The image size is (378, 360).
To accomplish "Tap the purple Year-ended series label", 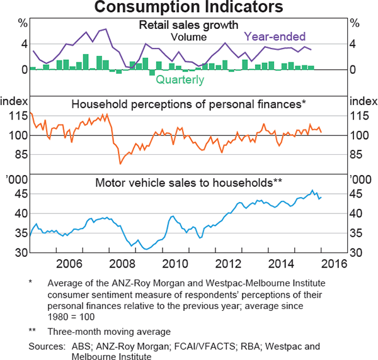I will click(275, 36).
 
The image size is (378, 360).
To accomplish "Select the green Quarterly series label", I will click(180, 80).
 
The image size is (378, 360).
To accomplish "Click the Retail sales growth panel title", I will click(188, 26).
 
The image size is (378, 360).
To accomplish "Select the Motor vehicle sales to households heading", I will click(188, 183).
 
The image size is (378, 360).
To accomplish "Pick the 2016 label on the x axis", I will click(338, 262).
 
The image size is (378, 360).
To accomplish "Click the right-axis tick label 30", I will click(357, 253).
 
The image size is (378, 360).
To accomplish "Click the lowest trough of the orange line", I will click(120, 164).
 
